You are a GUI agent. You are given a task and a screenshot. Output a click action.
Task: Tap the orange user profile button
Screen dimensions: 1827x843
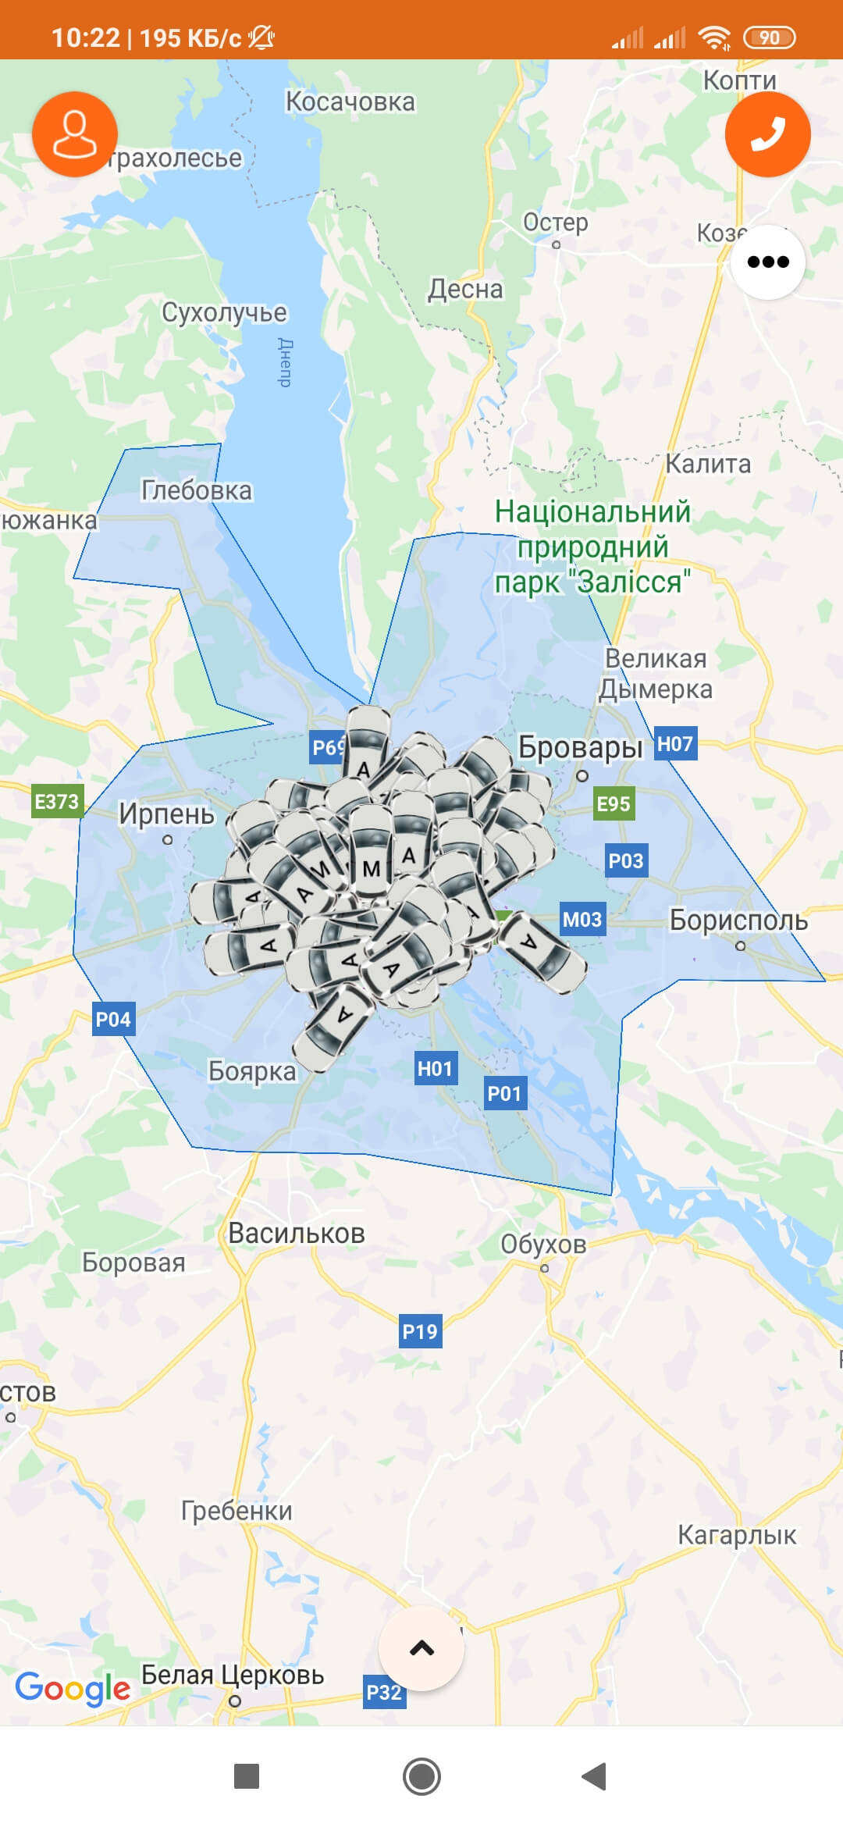(75, 134)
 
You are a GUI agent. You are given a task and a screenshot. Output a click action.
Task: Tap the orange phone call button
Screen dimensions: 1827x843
(767, 134)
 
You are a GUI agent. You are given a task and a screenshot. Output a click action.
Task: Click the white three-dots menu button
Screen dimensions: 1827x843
(768, 262)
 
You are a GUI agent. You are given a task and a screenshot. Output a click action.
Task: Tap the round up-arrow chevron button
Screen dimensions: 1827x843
(421, 1648)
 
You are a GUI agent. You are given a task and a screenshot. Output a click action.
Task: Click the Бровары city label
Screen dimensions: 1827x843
(580, 747)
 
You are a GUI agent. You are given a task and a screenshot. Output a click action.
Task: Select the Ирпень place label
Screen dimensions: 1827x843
(166, 814)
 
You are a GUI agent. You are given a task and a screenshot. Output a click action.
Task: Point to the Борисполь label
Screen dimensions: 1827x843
(738, 920)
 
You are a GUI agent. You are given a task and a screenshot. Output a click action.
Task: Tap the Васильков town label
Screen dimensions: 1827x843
(296, 1234)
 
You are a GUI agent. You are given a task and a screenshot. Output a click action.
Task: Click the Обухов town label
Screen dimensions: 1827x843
(543, 1244)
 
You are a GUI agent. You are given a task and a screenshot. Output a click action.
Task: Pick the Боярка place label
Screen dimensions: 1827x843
(252, 1071)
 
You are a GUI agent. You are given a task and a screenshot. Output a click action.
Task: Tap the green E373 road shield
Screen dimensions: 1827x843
(57, 802)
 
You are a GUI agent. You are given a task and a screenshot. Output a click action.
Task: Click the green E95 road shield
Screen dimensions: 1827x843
(614, 803)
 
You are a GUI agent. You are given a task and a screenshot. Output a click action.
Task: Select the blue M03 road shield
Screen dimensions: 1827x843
(582, 920)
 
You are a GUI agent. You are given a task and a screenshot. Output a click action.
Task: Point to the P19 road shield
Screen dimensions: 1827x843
(420, 1331)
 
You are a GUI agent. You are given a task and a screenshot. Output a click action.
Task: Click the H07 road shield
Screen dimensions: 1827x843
(675, 743)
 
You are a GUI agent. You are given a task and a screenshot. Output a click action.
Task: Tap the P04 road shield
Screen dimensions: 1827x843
(113, 1019)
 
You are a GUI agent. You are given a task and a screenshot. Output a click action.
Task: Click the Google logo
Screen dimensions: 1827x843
(73, 1688)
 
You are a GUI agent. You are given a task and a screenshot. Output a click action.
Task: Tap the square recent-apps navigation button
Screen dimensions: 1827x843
(247, 1776)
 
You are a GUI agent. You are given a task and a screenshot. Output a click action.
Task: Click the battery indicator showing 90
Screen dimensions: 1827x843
(769, 37)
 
